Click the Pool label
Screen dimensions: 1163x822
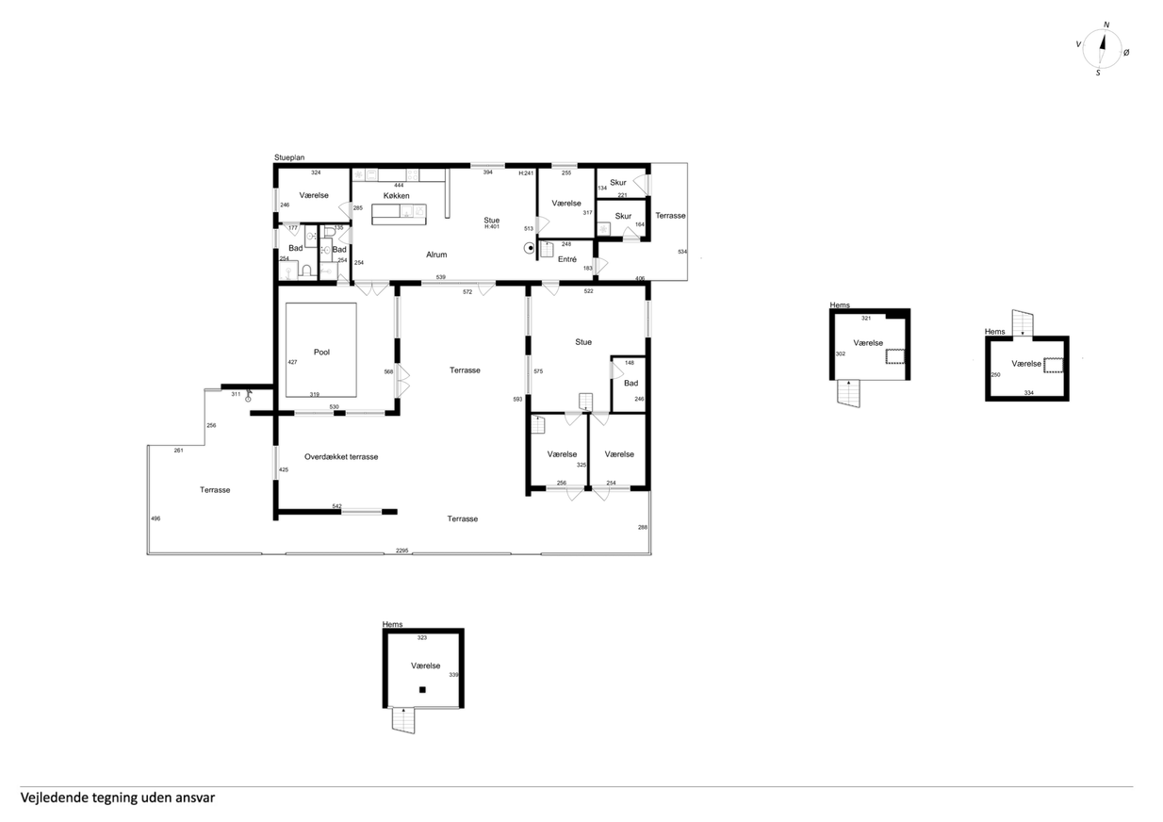pos(322,352)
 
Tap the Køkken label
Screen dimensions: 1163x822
pos(397,196)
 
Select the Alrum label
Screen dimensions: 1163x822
pos(436,255)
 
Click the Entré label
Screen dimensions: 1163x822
pos(567,259)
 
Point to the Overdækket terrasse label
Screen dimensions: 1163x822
pos(341,457)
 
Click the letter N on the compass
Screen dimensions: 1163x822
pos(1106,25)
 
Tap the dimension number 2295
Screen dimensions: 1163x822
pos(402,551)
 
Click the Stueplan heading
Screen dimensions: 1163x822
pos(289,157)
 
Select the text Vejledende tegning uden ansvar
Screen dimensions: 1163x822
pos(118,797)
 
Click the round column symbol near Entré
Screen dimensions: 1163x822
pos(530,248)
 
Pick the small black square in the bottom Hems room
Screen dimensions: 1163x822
pos(422,690)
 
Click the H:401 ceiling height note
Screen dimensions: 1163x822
pos(492,226)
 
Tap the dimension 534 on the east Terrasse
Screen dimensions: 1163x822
pos(682,252)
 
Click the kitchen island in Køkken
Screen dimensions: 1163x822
pos(400,214)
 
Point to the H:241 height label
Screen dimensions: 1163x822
pos(526,173)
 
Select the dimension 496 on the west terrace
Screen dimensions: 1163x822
pos(156,518)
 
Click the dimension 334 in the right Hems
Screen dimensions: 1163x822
pos(1029,392)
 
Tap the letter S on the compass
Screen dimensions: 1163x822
pos(1098,74)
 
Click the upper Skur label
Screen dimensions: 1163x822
pos(618,182)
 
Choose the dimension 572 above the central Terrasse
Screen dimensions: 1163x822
pos(467,292)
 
